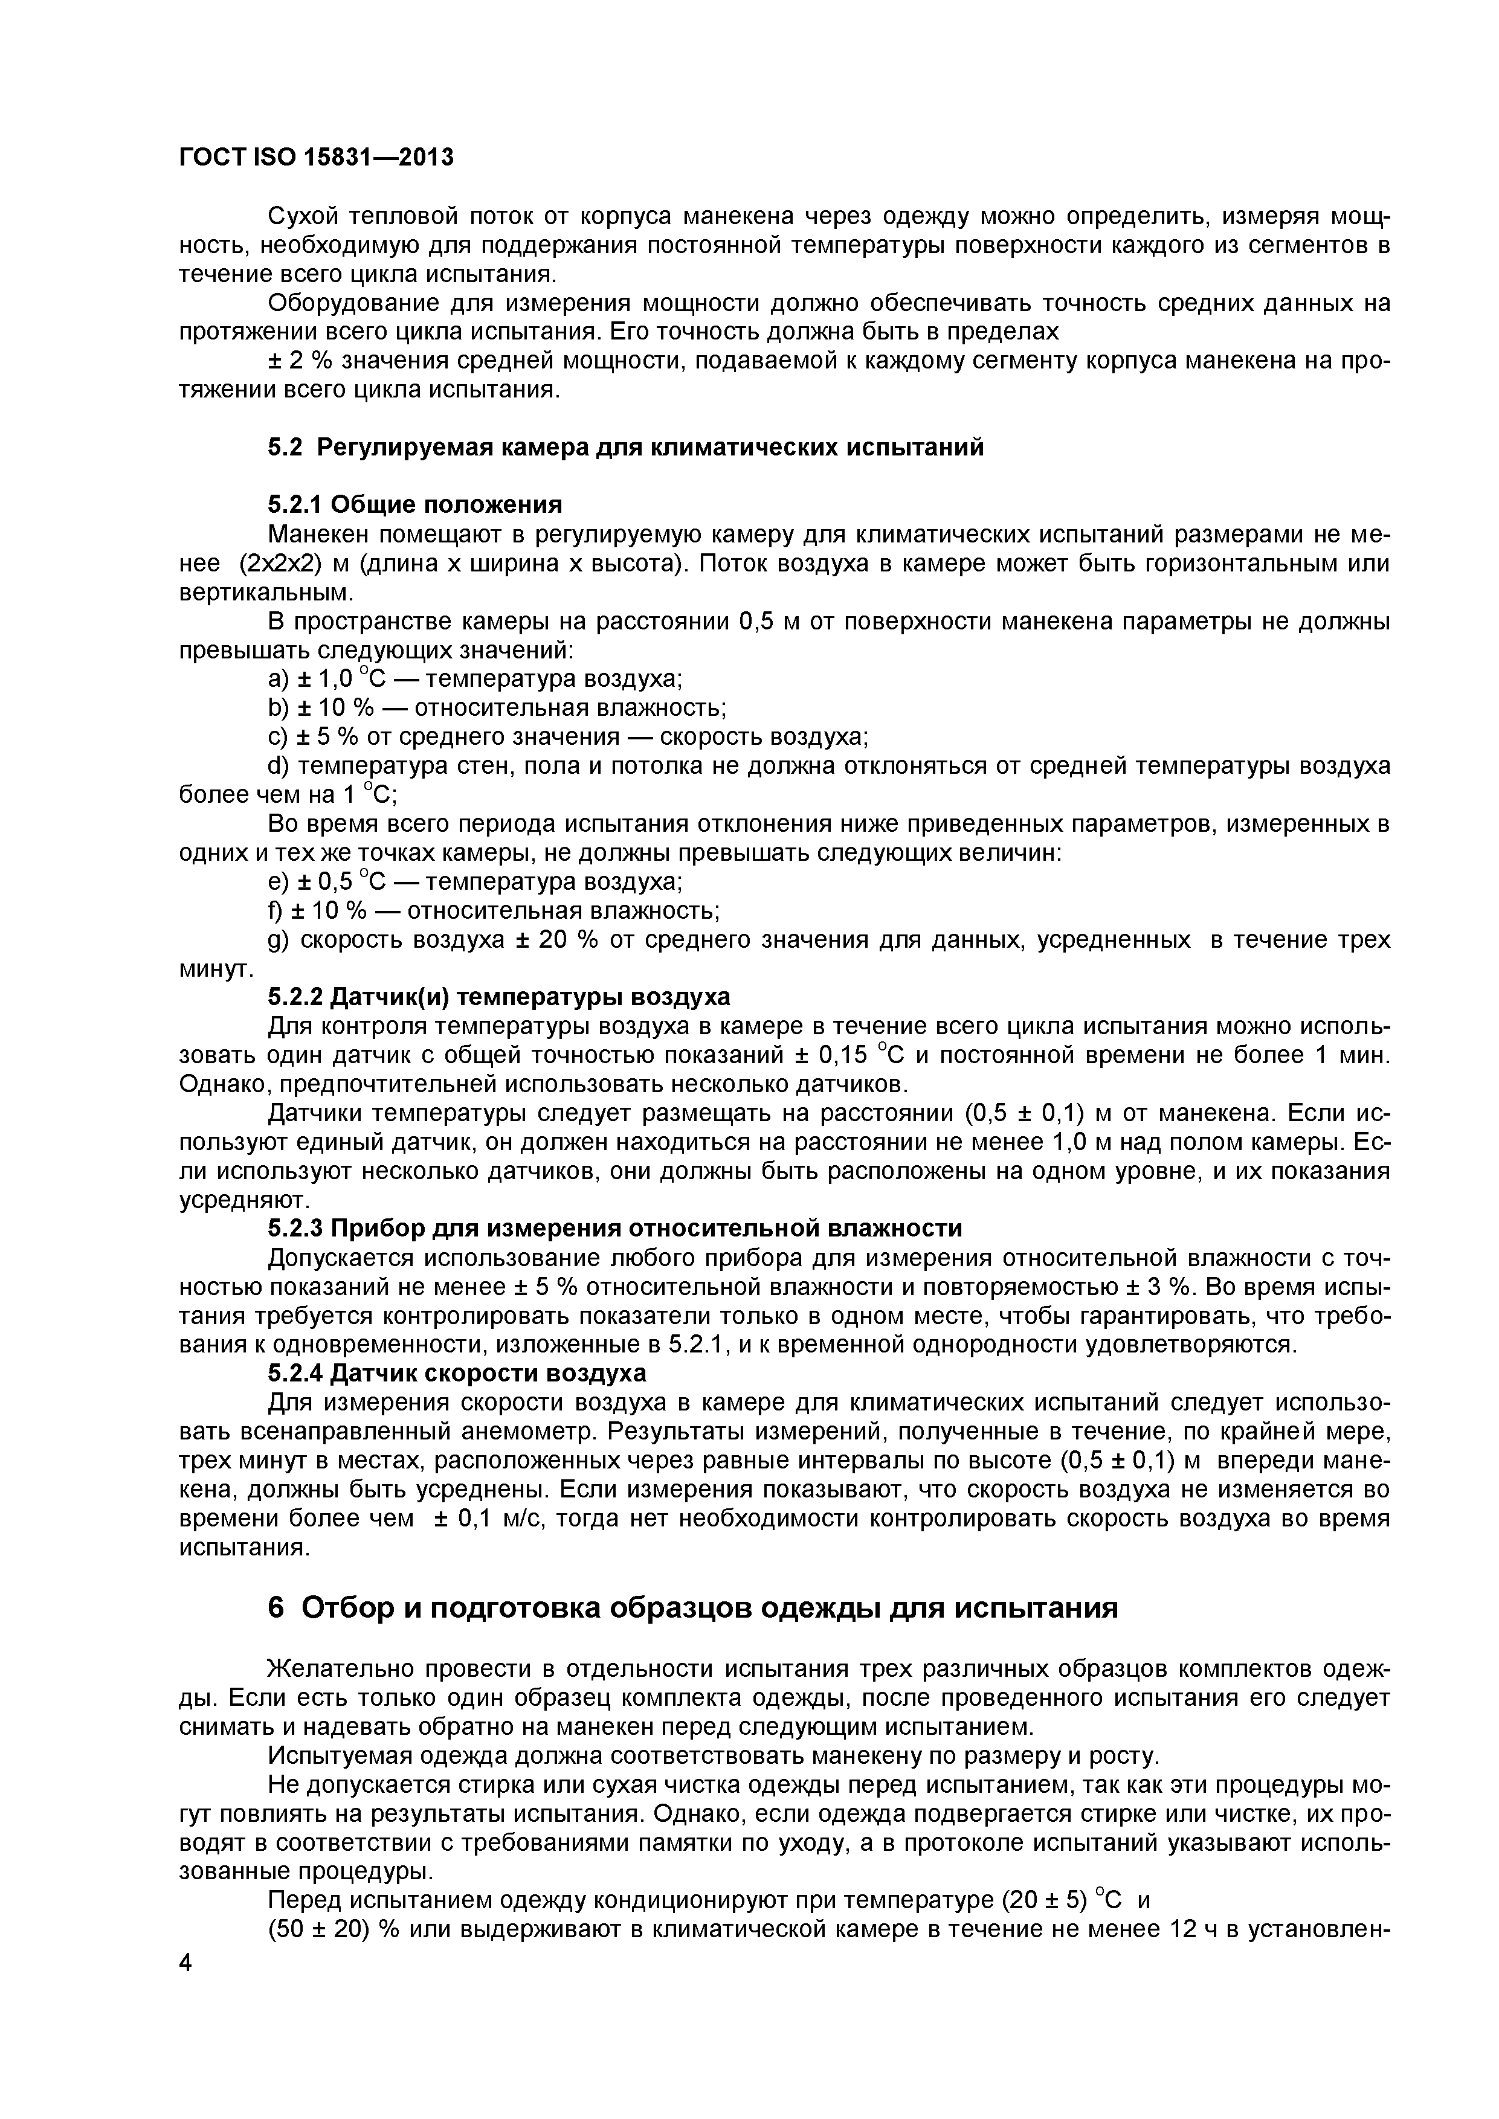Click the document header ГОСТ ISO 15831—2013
point(315,158)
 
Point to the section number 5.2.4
point(294,1373)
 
